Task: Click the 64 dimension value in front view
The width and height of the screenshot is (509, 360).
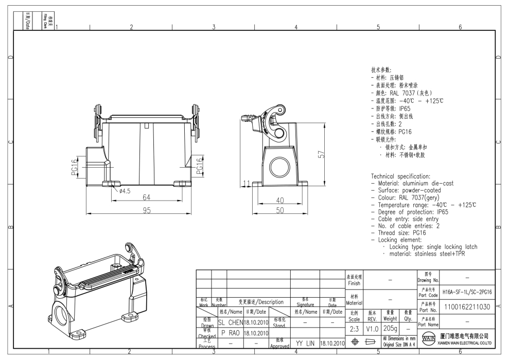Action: [147, 197]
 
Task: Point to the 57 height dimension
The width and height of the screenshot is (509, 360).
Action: [321, 155]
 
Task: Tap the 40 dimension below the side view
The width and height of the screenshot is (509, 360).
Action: [280, 200]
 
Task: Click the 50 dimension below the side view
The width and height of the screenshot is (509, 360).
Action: [280, 211]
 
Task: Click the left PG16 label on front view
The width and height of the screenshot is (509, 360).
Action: [74, 167]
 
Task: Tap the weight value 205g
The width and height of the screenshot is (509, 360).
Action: [390, 328]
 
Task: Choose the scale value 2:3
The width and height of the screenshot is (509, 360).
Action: [354, 328]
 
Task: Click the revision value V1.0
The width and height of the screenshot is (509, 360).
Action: [372, 328]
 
